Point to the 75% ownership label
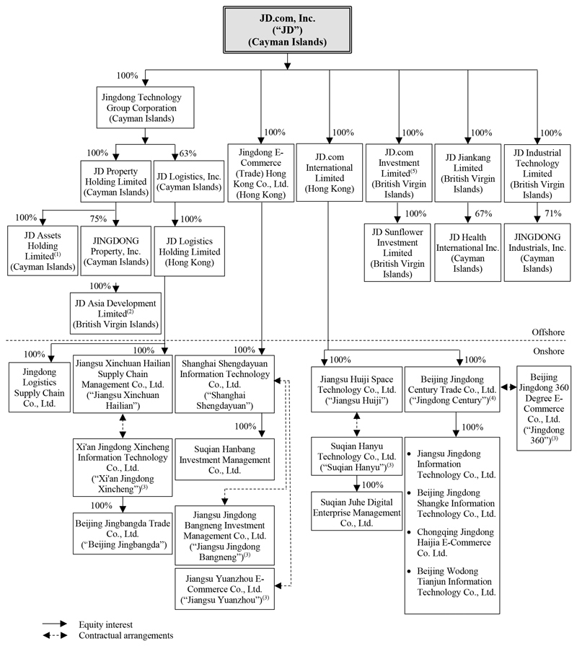pyautogui.click(x=98, y=218)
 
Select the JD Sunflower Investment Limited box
pyautogui.click(x=397, y=251)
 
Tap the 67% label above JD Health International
pyautogui.click(x=483, y=214)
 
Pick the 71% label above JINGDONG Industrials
pyautogui.click(x=552, y=214)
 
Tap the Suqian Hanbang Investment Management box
pyautogui.click(x=224, y=459)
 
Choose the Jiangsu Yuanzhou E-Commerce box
pyautogui.click(x=224, y=589)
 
